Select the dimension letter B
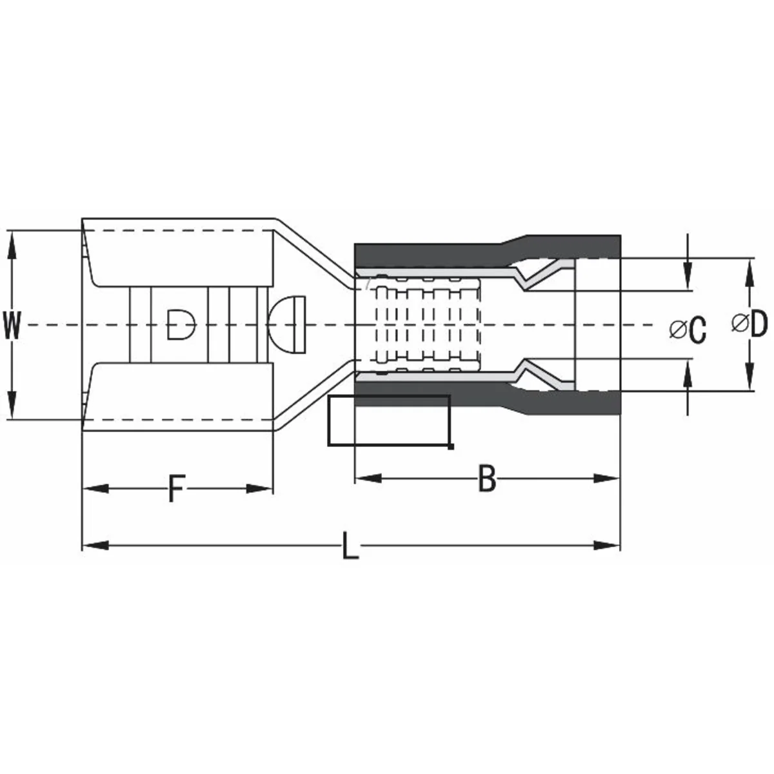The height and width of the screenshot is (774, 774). (487, 478)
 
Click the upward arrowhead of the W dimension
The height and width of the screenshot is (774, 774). (12, 244)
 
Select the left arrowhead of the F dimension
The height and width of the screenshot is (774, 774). (95, 489)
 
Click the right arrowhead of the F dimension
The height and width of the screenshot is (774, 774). (259, 489)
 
